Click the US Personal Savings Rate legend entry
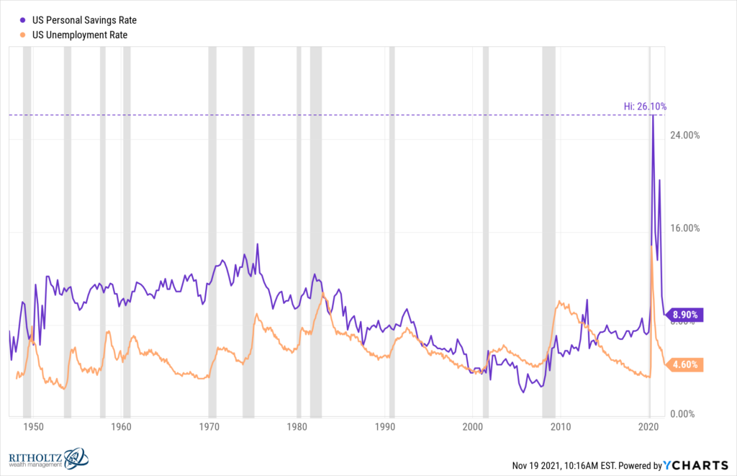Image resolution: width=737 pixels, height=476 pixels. coord(79,20)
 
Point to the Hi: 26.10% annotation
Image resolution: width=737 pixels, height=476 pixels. coord(644,107)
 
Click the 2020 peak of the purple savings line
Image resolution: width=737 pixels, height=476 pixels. coord(653,115)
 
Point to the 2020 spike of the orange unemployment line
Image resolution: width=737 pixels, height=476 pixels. coord(651,246)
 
